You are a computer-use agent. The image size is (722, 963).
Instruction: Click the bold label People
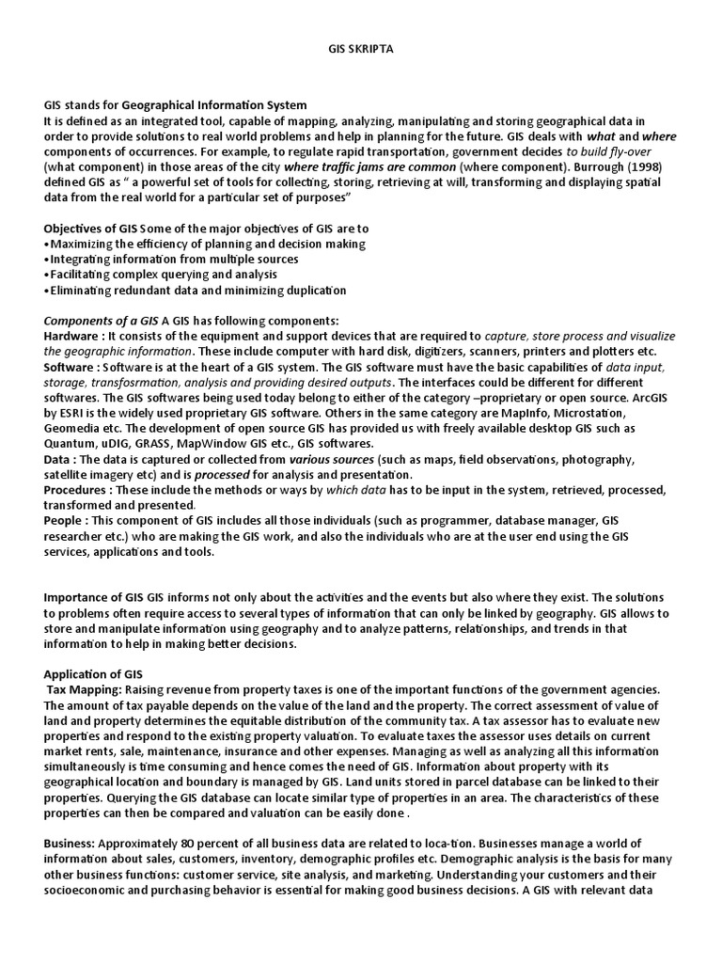coord(63,520)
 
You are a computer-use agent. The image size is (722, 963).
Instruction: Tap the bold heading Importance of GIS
coord(93,597)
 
